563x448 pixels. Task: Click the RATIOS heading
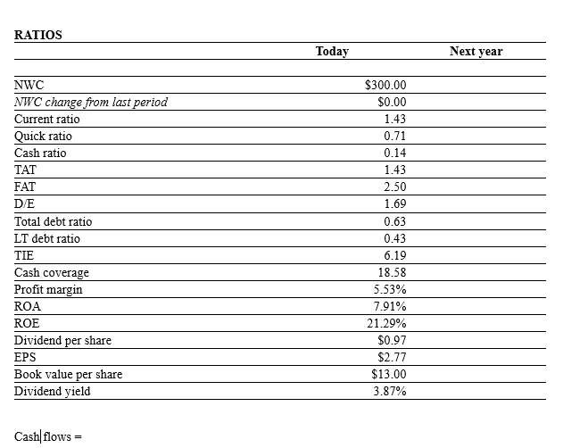[x=38, y=36]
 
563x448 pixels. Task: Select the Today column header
[x=332, y=52]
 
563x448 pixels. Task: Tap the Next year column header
[x=476, y=52]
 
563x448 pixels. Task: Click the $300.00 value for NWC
[x=385, y=85]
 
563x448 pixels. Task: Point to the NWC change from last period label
[x=91, y=102]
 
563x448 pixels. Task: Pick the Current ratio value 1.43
[x=394, y=119]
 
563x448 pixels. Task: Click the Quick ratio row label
[x=43, y=136]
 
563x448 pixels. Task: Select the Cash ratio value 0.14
[x=394, y=153]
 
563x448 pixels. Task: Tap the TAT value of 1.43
[x=394, y=170]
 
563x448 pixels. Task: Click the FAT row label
[x=26, y=187]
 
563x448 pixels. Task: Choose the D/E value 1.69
[x=394, y=204]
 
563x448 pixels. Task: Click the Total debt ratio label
[x=53, y=221]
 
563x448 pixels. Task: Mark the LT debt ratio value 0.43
[x=394, y=238]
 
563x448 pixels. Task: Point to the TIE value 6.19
[x=394, y=255]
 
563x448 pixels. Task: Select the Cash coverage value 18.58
[x=392, y=272]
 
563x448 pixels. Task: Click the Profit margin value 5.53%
[x=390, y=289]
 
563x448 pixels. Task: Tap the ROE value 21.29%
[x=387, y=323]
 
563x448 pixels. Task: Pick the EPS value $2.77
[x=392, y=357]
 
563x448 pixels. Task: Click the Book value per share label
[x=68, y=374]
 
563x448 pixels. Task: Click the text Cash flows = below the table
[x=48, y=436]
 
